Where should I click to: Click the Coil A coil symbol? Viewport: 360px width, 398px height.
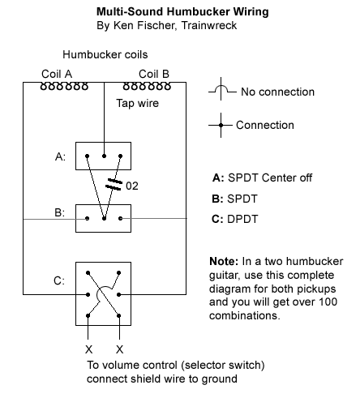(64, 87)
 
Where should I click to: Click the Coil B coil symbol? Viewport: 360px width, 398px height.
(147, 87)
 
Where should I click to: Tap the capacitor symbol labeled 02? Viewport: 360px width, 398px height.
(114, 184)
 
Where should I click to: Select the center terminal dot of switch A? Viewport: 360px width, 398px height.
(104, 156)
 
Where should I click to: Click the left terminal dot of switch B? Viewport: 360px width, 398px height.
(87, 218)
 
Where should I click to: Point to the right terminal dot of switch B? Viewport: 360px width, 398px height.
(121, 218)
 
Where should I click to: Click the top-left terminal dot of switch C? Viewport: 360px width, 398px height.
(88, 273)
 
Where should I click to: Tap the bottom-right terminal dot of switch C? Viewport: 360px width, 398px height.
(119, 315)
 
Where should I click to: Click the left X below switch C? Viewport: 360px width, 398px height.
(88, 349)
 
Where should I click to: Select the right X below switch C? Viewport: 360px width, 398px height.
(119, 349)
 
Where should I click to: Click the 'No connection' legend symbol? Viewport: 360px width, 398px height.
(222, 89)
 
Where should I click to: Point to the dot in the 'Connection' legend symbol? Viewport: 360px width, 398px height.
(221, 125)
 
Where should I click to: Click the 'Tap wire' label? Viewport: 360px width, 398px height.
(137, 103)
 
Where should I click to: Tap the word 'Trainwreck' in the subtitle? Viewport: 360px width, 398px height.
(209, 25)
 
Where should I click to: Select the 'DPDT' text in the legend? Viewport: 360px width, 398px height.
(242, 219)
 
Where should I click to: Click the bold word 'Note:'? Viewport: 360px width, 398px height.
(224, 261)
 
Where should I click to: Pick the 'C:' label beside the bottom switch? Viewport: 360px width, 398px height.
(59, 280)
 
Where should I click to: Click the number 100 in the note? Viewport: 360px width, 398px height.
(328, 302)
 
